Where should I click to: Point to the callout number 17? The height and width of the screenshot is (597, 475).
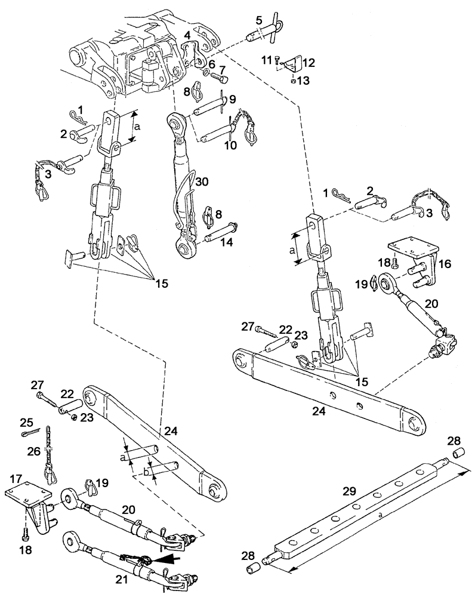tap(16, 478)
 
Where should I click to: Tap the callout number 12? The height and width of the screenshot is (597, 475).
tap(310, 62)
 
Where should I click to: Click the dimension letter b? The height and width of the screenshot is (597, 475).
tap(145, 472)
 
